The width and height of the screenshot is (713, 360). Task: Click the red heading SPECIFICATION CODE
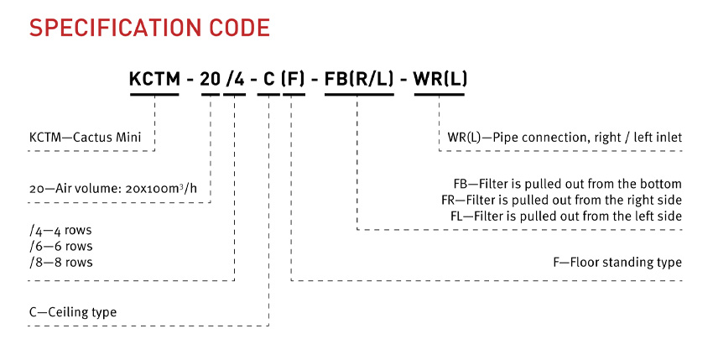[x=149, y=28]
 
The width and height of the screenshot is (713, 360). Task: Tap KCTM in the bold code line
[x=154, y=79]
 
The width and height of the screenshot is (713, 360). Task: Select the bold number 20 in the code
[x=210, y=79]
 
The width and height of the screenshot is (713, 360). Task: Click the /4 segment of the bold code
[x=235, y=79]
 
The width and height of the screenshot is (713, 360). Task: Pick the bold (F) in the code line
[x=293, y=79]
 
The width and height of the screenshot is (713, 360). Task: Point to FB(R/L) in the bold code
[x=359, y=79]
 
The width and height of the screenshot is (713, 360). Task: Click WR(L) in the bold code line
[x=440, y=79]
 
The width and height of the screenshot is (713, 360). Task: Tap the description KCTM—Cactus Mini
[x=85, y=137]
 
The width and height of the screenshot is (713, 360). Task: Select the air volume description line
[x=113, y=188]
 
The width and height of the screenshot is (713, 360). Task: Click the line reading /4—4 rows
[x=61, y=230]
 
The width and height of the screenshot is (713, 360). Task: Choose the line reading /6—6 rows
[x=61, y=246]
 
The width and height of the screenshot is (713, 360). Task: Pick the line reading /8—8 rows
[x=61, y=262]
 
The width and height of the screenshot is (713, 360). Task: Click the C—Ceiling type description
[x=73, y=312]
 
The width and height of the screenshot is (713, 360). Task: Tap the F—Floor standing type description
[x=617, y=262]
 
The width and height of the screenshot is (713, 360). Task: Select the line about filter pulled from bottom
[x=568, y=184]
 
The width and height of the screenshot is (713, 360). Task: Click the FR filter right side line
[x=561, y=200]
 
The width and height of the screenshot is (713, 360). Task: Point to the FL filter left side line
[x=566, y=216]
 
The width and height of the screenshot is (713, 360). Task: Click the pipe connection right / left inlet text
[x=565, y=137]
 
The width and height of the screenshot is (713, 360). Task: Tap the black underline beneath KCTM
[x=154, y=95]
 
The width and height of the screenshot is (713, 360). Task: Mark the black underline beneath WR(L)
[x=440, y=95]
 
